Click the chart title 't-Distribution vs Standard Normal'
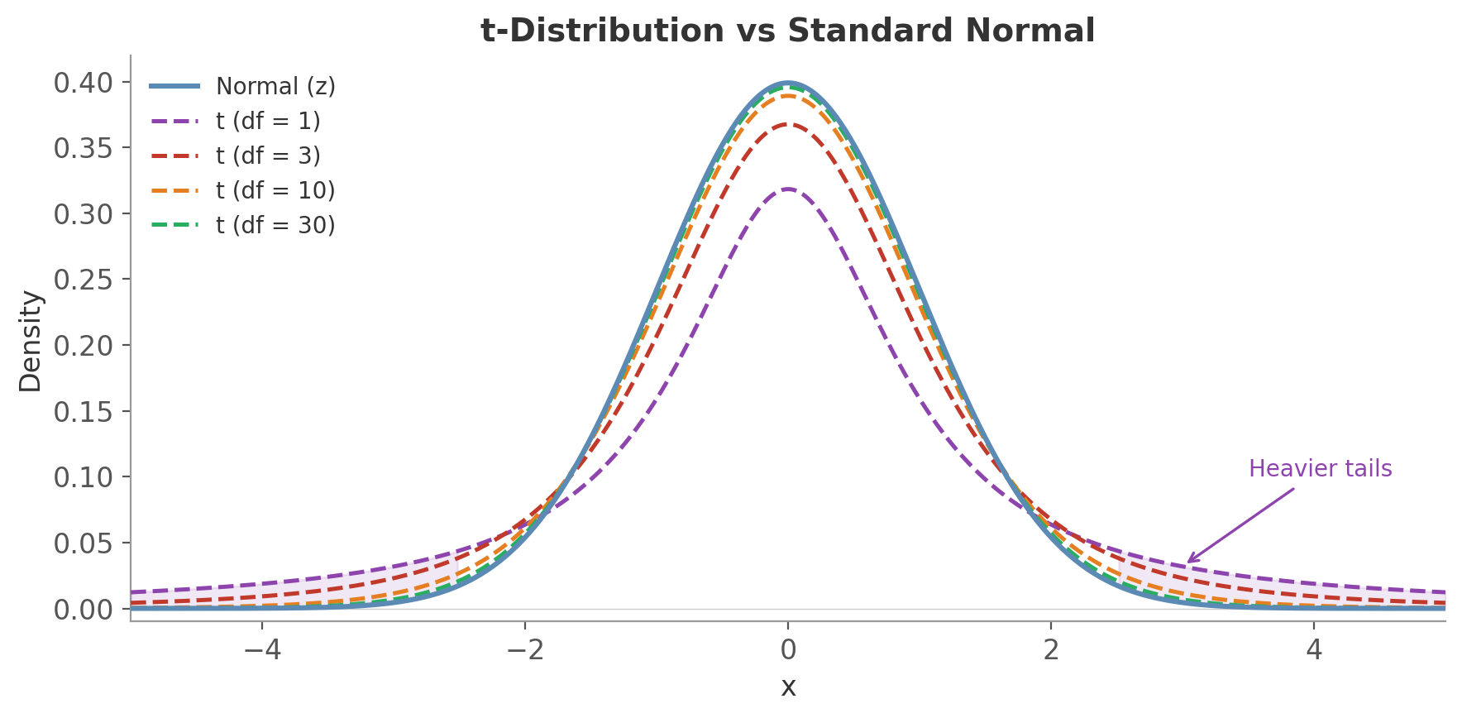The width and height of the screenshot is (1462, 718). click(x=787, y=31)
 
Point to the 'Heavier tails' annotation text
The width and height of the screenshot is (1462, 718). click(x=1320, y=469)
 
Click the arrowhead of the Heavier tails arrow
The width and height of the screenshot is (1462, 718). click(x=1189, y=562)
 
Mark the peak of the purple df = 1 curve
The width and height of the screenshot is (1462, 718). click(x=788, y=189)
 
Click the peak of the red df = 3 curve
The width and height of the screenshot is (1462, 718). click(x=788, y=125)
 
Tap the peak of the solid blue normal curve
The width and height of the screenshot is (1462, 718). click(x=788, y=83)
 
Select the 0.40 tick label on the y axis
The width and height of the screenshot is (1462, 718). click(x=82, y=83)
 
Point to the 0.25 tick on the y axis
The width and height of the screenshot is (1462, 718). click(x=82, y=280)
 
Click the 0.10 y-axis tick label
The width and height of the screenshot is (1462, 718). click(x=82, y=477)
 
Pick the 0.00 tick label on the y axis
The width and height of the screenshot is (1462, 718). click(x=82, y=610)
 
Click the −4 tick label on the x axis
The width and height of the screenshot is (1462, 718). click(x=262, y=650)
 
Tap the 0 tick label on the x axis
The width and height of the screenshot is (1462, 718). click(x=788, y=650)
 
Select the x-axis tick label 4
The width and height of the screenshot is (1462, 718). click(x=1314, y=650)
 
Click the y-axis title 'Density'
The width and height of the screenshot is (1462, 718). click(x=31, y=341)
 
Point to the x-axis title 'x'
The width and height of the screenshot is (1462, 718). click(x=788, y=687)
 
